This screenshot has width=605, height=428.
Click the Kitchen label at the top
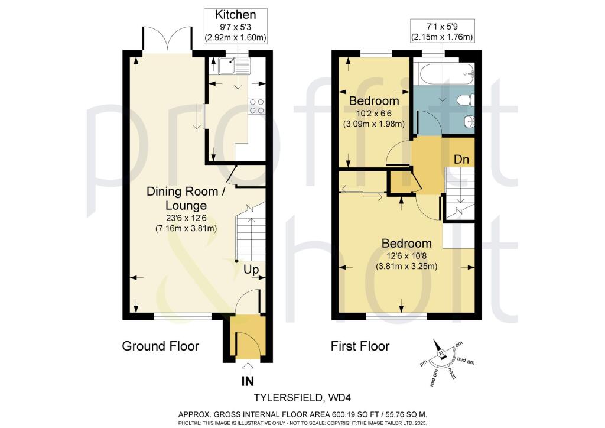click(x=235, y=15)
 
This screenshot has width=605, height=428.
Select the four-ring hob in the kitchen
click(x=257, y=106)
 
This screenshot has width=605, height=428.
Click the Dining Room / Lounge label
click(x=177, y=198)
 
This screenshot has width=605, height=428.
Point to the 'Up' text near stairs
click(x=252, y=270)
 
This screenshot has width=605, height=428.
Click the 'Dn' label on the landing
click(x=462, y=159)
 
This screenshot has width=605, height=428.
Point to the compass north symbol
click(x=441, y=354)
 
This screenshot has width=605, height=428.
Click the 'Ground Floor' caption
click(x=160, y=346)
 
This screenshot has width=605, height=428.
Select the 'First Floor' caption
click(x=359, y=346)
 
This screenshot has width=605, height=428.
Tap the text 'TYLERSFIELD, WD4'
click(x=302, y=398)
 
